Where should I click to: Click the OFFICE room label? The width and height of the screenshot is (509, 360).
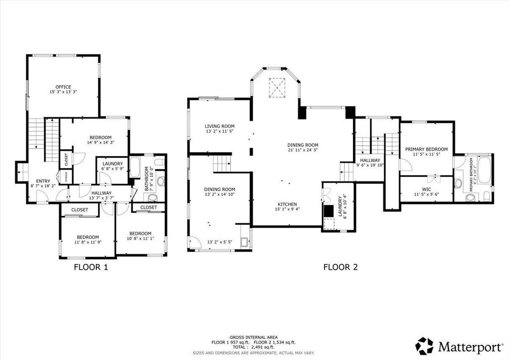63,87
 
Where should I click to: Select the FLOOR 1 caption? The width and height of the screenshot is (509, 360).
91,267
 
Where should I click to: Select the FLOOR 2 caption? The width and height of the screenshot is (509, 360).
340,267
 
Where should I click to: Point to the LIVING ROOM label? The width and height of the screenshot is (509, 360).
219,126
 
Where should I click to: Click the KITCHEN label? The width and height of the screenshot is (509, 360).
287,204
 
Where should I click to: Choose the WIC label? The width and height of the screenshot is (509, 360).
426,189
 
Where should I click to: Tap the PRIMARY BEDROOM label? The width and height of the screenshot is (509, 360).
426,149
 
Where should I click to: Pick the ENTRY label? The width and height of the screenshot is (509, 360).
43,181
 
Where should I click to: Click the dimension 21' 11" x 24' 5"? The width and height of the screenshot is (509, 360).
303,150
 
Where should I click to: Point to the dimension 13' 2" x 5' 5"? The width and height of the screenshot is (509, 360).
220,242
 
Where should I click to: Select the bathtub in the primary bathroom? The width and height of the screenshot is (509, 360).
484,170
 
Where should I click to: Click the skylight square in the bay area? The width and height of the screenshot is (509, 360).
277,88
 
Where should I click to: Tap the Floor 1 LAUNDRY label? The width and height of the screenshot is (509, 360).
113,164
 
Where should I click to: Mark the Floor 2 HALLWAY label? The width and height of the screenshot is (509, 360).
370,160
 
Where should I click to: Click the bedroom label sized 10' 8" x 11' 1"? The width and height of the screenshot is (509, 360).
140,233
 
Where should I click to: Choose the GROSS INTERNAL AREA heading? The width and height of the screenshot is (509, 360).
254,338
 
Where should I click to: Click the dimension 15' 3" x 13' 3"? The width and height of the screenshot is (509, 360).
63,92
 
